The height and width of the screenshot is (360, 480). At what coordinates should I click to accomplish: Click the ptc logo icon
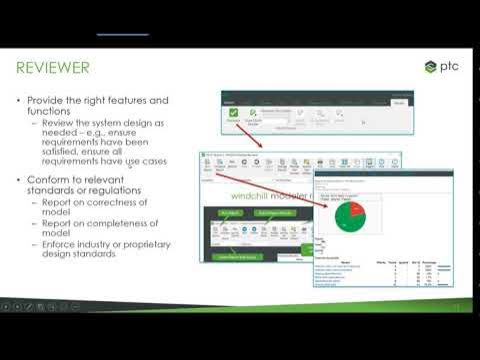coord(430,67)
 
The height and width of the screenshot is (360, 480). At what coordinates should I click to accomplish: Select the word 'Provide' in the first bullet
coord(46,101)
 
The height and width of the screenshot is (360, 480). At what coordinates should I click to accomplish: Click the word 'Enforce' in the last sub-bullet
coord(57,245)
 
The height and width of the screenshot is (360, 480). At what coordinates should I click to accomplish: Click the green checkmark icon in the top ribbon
coord(234,115)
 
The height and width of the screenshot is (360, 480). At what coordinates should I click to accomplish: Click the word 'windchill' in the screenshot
coord(250,197)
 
